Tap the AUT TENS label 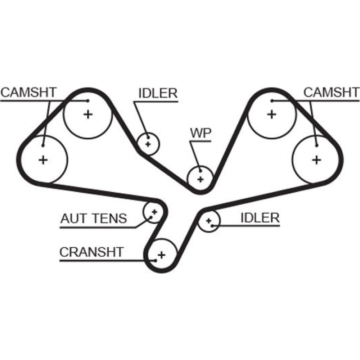(93, 218)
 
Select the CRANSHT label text (91, 252)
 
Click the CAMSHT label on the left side (28, 93)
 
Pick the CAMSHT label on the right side (331, 93)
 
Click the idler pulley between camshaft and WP (148, 144)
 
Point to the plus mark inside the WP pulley (200, 179)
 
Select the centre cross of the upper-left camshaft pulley (87, 114)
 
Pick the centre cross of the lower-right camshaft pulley (316, 159)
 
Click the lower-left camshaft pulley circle (43, 159)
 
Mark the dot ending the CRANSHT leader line (155, 260)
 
